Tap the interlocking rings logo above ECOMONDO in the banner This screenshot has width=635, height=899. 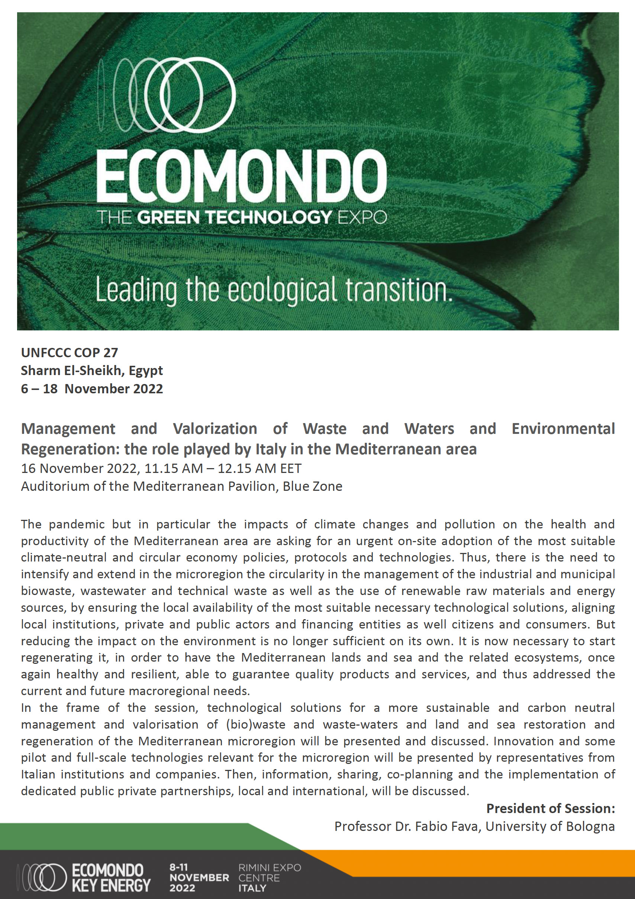pos(168,95)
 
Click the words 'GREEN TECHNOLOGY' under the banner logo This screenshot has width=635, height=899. pos(235,217)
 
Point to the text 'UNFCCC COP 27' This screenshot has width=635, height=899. pos(69,353)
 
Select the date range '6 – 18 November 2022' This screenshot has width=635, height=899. pos(92,389)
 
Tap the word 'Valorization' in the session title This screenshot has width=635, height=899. pos(215,429)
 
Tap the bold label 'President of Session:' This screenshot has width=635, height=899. pos(551,809)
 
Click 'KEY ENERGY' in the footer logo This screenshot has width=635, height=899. pos(111,885)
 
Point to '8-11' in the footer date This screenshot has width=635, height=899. pos(178,867)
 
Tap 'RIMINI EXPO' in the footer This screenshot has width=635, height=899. pos(270,868)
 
